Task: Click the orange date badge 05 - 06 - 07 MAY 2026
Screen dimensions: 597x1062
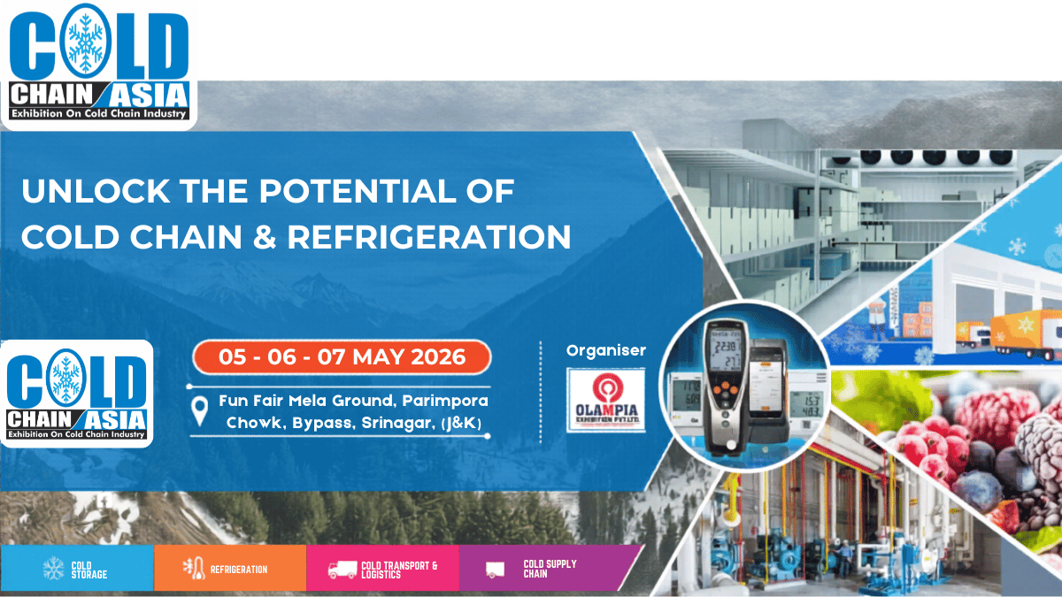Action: point(342,357)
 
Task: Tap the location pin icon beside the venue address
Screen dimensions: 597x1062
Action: point(201,409)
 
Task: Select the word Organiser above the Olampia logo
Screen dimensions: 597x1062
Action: point(606,350)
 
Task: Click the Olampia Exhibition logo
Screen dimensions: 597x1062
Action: point(606,400)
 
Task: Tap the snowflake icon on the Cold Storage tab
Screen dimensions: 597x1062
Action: point(54,569)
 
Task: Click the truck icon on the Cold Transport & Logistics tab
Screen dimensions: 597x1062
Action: point(342,570)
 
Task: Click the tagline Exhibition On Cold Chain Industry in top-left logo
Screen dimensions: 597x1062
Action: point(98,112)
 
